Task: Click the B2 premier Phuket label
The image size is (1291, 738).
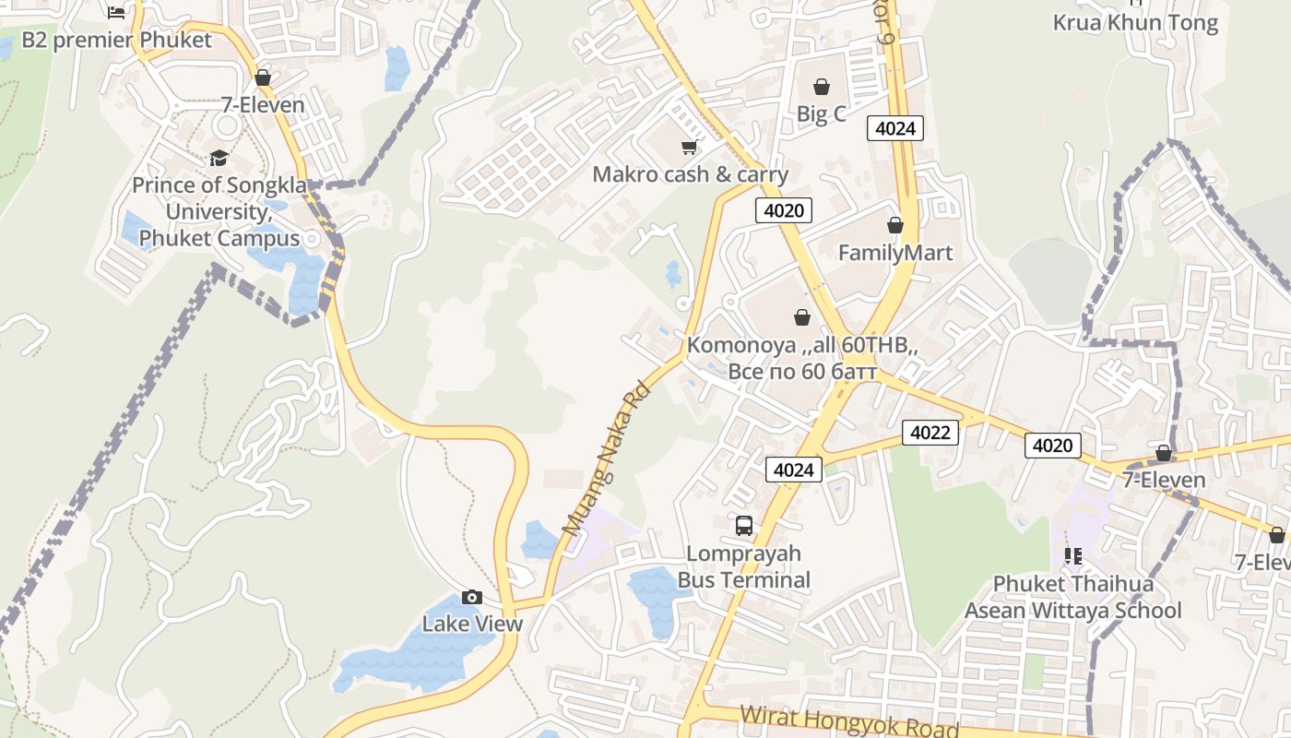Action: click(x=116, y=40)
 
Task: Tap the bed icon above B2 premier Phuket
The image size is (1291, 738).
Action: click(x=116, y=12)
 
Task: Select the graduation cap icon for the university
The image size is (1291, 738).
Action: click(x=219, y=158)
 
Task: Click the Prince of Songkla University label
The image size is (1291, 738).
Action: click(x=219, y=211)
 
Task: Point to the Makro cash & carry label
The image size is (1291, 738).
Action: click(x=690, y=174)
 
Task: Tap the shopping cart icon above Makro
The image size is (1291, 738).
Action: click(x=689, y=147)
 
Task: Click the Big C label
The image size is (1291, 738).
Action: click(x=821, y=114)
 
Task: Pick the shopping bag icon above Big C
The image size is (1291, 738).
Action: click(x=821, y=87)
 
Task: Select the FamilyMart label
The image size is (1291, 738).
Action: click(x=894, y=252)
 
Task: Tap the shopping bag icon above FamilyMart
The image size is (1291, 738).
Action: click(x=894, y=225)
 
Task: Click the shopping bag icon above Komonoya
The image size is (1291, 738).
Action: click(x=802, y=317)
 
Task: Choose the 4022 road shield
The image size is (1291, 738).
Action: click(x=930, y=432)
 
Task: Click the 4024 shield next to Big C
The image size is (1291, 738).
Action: click(x=894, y=128)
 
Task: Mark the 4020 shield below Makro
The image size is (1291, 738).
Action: click(x=784, y=210)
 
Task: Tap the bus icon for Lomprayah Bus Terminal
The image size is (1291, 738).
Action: click(x=744, y=526)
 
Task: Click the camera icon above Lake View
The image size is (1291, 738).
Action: click(x=472, y=597)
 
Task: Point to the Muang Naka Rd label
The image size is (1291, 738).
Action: click(x=605, y=459)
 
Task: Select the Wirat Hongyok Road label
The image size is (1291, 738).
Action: click(x=849, y=720)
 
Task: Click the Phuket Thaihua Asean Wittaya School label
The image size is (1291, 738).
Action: click(x=1072, y=597)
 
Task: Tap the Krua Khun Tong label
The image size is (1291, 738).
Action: click(x=1135, y=23)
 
